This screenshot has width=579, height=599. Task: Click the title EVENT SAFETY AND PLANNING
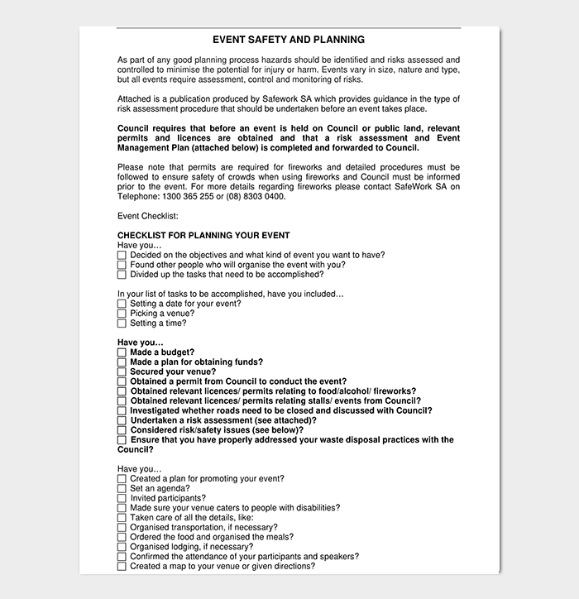(x=289, y=40)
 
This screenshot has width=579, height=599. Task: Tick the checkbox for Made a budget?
(x=122, y=352)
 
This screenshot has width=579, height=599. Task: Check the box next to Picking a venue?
(x=122, y=314)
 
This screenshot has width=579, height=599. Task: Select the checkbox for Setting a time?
(x=122, y=324)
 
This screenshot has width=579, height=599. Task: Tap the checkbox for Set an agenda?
(x=122, y=489)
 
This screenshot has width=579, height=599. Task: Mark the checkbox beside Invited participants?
(x=122, y=499)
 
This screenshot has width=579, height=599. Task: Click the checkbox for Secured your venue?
(x=122, y=372)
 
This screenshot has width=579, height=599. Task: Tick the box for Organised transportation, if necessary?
(x=122, y=528)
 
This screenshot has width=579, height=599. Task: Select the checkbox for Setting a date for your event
(x=122, y=304)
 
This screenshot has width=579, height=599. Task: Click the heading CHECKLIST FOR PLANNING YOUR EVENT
(x=203, y=236)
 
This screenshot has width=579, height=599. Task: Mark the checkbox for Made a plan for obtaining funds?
(x=122, y=362)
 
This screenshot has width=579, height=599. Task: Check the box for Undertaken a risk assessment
(x=122, y=421)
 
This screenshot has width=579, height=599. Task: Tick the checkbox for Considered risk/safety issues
(x=122, y=431)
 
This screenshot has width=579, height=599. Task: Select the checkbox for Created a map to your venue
(x=122, y=567)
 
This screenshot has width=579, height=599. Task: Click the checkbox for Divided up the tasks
(x=122, y=275)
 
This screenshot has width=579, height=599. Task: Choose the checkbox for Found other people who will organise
(x=122, y=266)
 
